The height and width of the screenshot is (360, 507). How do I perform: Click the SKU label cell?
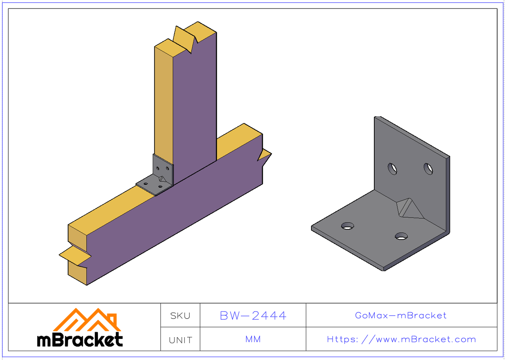tap(180, 316)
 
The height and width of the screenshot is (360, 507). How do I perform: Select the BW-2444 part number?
tap(253, 316)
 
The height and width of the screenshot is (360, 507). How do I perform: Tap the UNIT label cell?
tap(180, 340)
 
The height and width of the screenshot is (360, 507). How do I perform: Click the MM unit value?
tap(253, 339)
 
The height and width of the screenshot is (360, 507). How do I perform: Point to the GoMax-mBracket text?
tap(401, 316)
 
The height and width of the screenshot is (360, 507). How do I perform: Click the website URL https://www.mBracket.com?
tap(401, 339)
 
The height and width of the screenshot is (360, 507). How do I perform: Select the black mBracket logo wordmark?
tap(80, 339)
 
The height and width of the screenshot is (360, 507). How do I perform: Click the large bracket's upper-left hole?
tap(393, 169)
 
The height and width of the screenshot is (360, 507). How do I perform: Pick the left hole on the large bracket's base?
tap(348, 226)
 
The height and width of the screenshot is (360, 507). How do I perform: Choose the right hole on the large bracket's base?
tap(401, 236)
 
